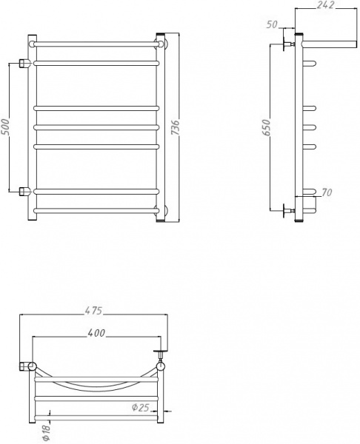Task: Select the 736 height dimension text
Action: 176,127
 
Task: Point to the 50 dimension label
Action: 271,24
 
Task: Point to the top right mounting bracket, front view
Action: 161,40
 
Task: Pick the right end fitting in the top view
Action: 160,364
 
